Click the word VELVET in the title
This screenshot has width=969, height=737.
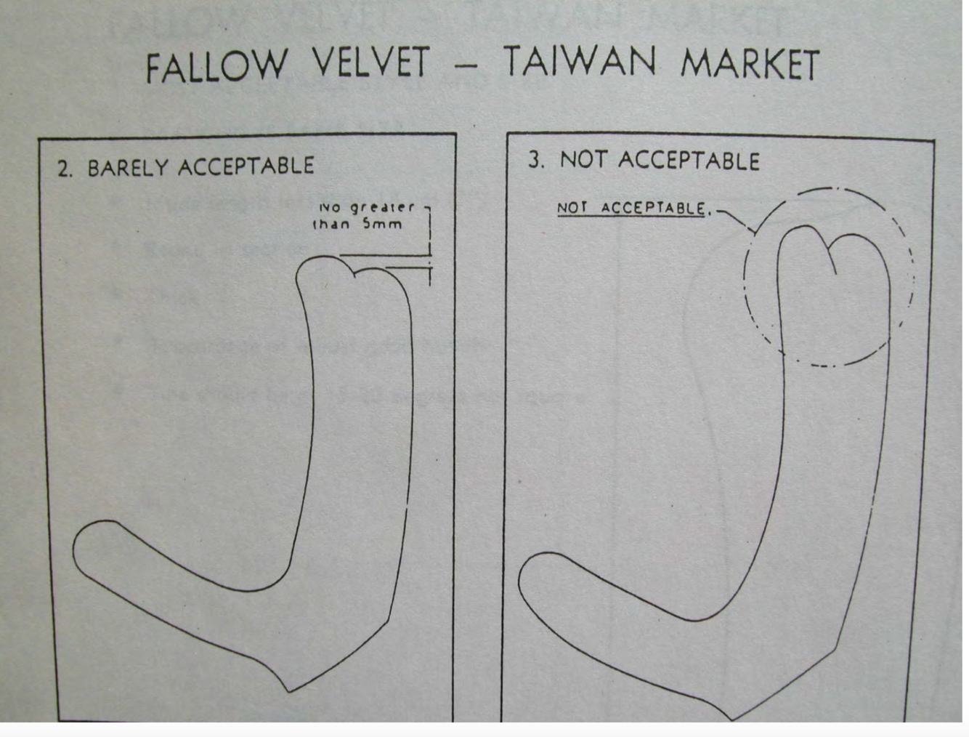(x=371, y=63)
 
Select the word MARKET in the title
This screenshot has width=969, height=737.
(x=750, y=64)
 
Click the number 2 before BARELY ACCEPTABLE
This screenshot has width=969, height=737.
(x=64, y=169)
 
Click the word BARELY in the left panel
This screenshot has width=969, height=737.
(x=127, y=168)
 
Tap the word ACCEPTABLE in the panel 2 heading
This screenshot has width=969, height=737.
(x=246, y=166)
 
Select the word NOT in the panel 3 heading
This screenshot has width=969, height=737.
(x=580, y=161)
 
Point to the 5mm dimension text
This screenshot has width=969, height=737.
(x=382, y=224)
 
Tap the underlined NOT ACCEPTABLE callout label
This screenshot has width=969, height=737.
(x=631, y=209)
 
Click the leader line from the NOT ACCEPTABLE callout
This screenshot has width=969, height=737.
(x=735, y=217)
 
